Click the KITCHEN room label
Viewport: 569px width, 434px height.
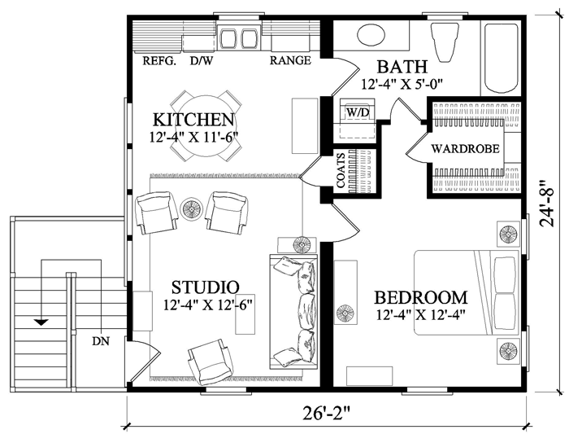click(193, 120)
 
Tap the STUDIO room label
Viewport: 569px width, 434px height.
click(205, 287)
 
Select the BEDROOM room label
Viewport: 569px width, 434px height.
click(420, 297)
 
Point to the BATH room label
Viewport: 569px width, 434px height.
click(402, 68)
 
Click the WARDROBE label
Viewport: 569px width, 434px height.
click(465, 149)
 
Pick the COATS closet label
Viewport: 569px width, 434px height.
click(341, 170)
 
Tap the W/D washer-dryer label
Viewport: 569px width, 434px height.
click(358, 112)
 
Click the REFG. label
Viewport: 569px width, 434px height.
click(159, 61)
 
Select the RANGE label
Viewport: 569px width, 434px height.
click(290, 60)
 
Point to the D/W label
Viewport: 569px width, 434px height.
click(202, 61)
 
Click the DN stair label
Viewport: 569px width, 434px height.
click(101, 341)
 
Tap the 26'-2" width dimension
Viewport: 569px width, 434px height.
click(327, 414)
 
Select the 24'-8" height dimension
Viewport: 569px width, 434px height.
click(548, 204)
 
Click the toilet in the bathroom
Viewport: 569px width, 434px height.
click(444, 41)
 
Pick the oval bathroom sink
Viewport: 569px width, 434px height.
click(371, 35)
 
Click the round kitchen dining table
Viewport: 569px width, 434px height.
click(205, 125)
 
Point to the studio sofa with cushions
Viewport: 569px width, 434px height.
click(293, 312)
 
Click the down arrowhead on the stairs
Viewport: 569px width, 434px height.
click(41, 322)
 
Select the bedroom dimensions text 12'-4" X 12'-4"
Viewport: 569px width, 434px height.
click(420, 314)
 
